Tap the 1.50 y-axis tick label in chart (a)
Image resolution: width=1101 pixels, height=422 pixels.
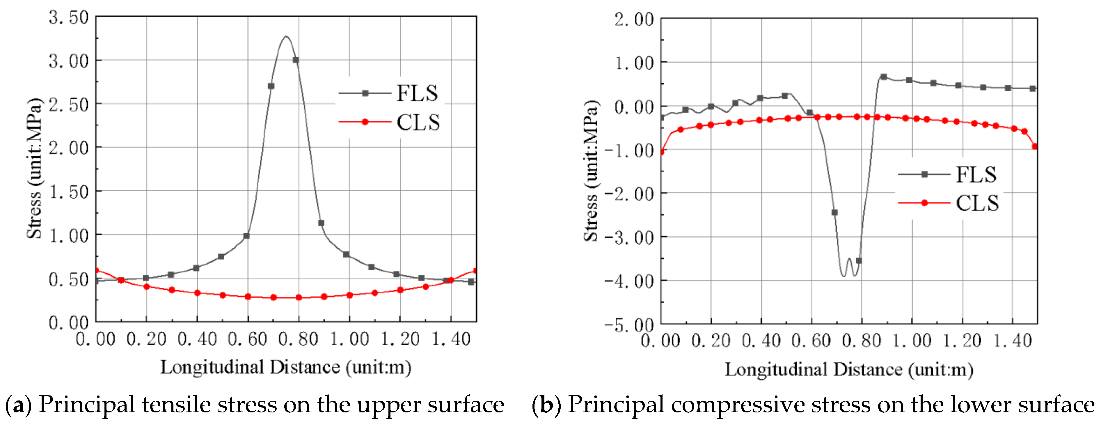[68, 192]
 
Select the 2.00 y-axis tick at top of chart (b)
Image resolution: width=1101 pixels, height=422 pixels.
[634, 20]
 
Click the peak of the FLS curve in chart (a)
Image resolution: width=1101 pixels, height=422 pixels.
[286, 37]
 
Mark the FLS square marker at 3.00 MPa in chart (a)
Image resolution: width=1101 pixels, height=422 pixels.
[296, 60]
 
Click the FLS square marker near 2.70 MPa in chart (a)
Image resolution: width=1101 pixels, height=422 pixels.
[271, 86]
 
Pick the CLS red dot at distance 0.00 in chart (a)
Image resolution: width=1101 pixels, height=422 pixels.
[97, 270]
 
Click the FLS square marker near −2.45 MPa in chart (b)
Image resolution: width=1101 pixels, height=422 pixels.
[834, 212]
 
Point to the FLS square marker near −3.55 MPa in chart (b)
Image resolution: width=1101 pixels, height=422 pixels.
[859, 261]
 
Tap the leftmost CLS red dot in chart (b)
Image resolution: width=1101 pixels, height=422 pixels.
[662, 152]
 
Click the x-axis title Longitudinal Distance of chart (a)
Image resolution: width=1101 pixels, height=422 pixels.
[285, 368]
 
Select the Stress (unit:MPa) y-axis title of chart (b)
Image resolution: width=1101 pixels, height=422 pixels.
[591, 171]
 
